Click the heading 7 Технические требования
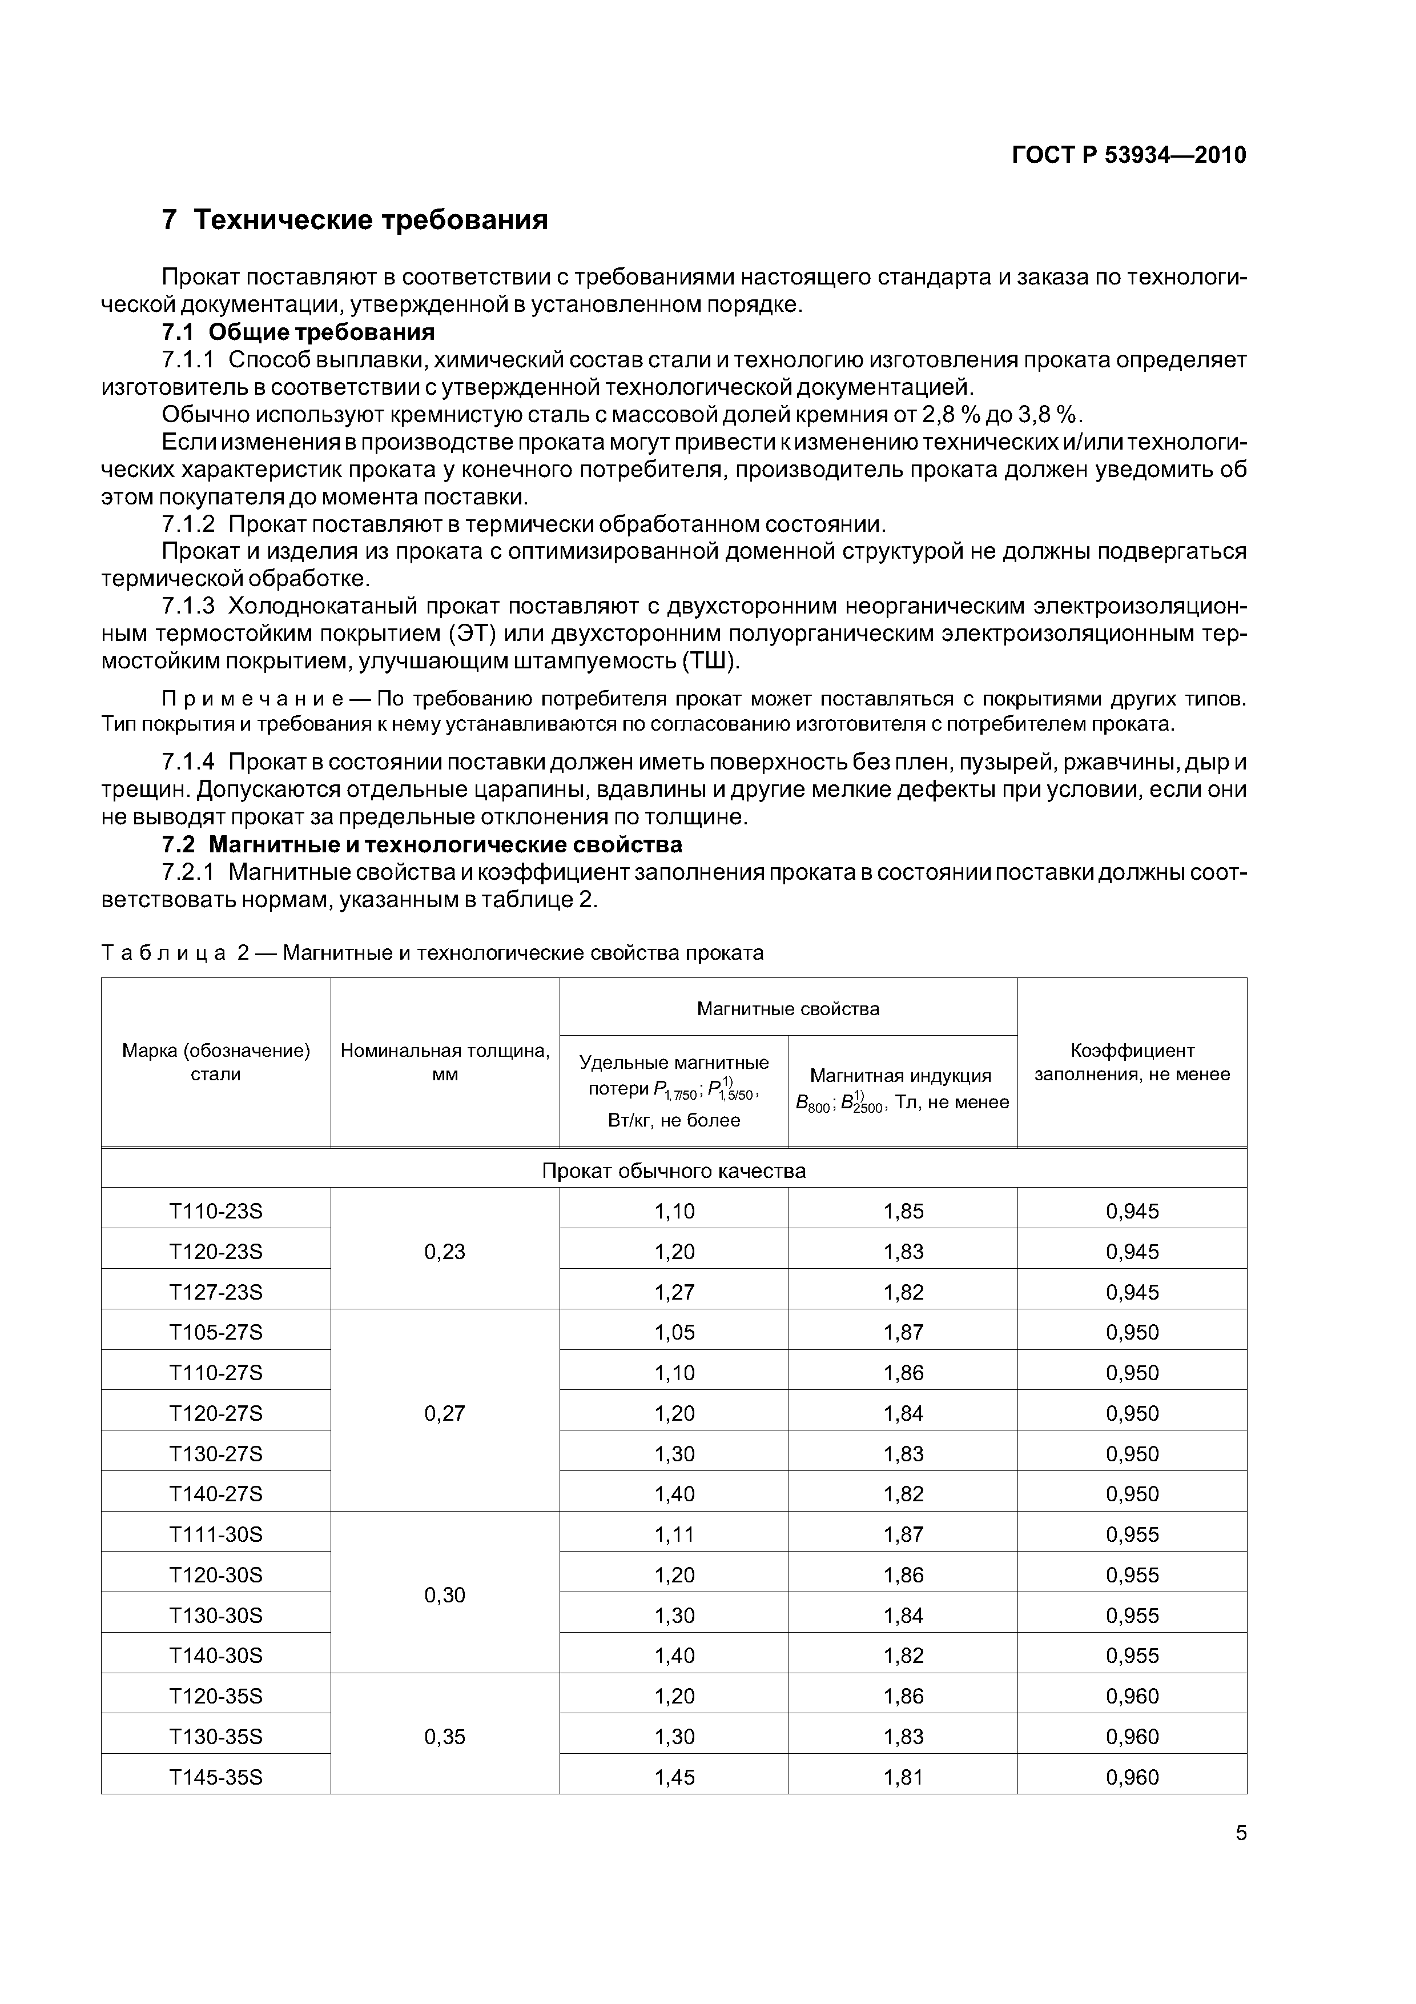(355, 220)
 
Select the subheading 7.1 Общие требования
(299, 332)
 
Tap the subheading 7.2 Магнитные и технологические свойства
(423, 845)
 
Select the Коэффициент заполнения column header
(1132, 1062)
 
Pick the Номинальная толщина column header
(445, 1062)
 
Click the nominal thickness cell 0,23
(445, 1252)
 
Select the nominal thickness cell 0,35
(445, 1736)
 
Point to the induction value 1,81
(903, 1777)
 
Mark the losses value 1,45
(674, 1777)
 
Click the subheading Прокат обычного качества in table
(674, 1171)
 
